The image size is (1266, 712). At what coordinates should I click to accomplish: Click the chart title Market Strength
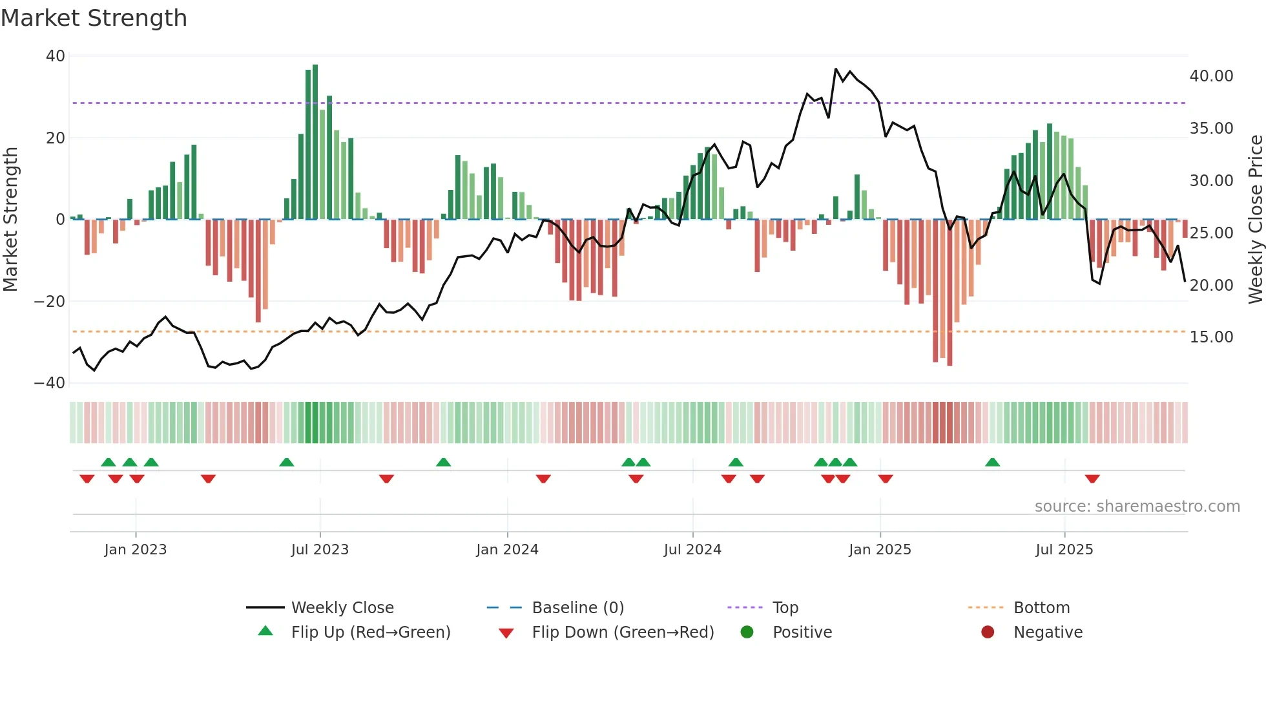[94, 18]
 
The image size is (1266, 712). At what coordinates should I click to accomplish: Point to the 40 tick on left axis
[56, 56]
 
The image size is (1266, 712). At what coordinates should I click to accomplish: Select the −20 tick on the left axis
[50, 301]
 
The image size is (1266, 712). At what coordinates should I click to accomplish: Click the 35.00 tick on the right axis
[1211, 129]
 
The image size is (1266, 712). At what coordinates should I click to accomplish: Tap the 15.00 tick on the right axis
[1211, 337]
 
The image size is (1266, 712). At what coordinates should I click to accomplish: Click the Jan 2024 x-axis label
[507, 550]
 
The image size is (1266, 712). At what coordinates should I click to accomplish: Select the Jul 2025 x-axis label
[1064, 550]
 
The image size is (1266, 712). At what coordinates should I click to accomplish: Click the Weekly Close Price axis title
[1255, 220]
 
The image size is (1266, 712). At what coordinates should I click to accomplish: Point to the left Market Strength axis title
[11, 220]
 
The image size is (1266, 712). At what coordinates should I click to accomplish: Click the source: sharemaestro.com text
[1137, 507]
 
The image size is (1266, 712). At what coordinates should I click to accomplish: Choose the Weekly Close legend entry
[342, 608]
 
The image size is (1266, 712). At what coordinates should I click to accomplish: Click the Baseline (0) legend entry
[577, 608]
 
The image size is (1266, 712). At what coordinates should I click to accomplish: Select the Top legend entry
[785, 608]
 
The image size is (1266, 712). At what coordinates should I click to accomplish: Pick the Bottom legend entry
[1041, 608]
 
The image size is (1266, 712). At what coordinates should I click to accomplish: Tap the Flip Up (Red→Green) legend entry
[370, 633]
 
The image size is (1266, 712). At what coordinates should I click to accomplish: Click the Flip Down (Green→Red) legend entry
[623, 633]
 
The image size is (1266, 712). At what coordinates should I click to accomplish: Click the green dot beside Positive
[747, 633]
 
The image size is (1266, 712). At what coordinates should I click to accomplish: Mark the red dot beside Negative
[988, 633]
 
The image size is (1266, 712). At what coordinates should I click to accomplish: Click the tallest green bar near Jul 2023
[315, 142]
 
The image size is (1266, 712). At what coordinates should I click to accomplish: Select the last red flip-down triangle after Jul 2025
[1092, 479]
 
